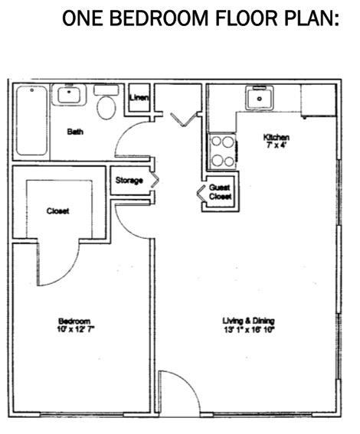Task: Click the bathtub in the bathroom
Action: pos(30,121)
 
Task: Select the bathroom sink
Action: pos(68,96)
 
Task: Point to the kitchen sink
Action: pos(260,98)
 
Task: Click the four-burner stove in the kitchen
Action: pos(223,150)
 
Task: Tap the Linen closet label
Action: pos(139,97)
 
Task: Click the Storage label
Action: pos(129,181)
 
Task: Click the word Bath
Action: pos(75,132)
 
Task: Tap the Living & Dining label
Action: pos(248,320)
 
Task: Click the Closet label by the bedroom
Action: pos(58,210)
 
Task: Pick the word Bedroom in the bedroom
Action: pos(75,320)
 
